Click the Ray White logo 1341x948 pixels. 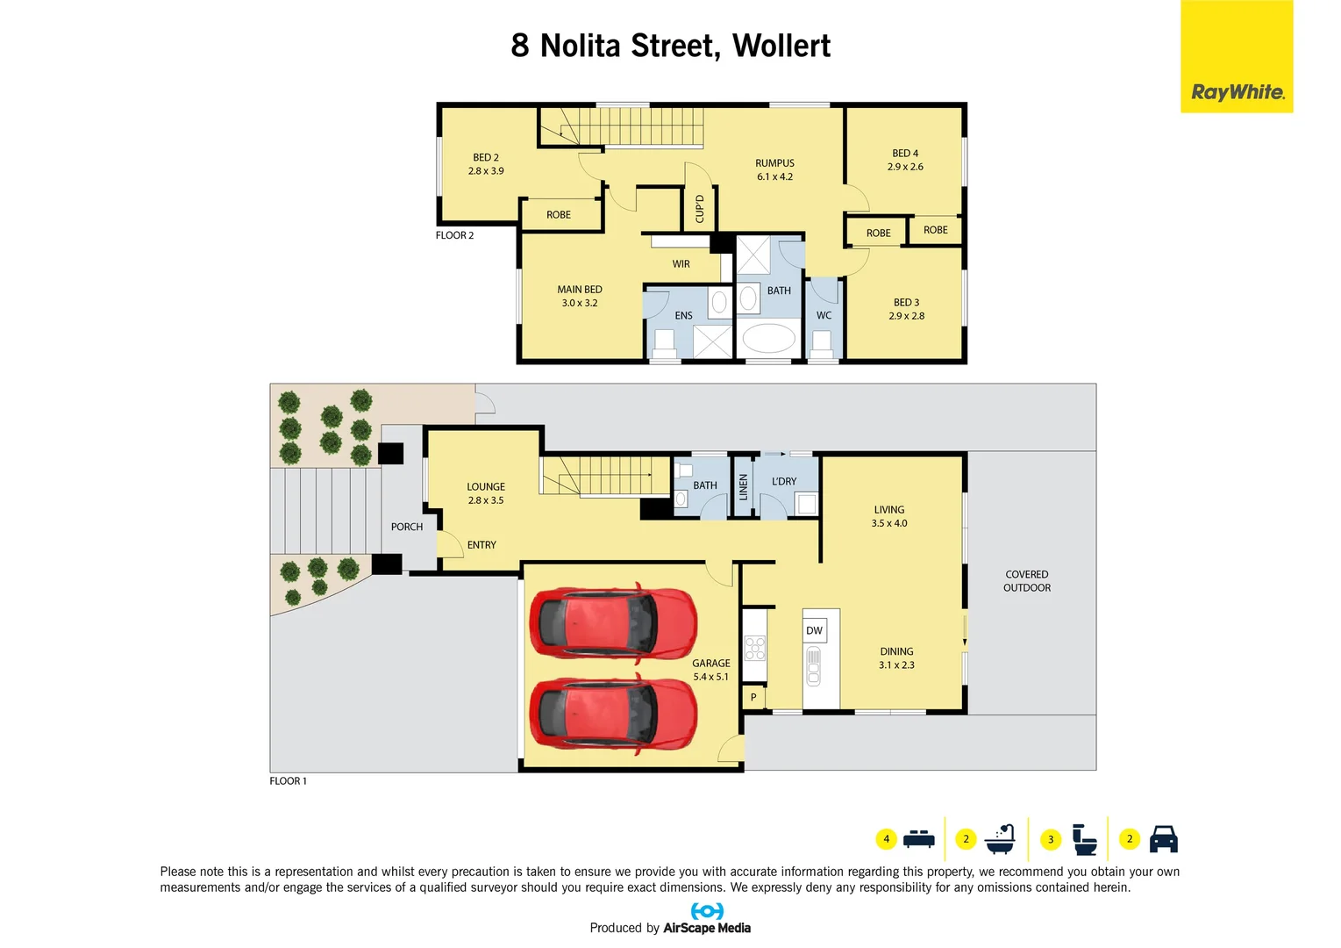click(x=1237, y=91)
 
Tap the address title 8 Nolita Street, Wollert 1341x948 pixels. click(x=670, y=46)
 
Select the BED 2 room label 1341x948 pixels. click(x=486, y=164)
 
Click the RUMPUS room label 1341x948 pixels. click(x=774, y=169)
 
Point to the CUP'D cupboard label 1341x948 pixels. click(x=700, y=209)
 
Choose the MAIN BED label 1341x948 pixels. click(x=580, y=296)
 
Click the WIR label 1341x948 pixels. click(x=681, y=264)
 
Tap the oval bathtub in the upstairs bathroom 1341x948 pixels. click(x=768, y=338)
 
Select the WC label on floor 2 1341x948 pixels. click(x=824, y=315)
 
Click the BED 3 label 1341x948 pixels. click(x=906, y=309)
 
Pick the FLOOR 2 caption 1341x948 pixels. click(x=454, y=235)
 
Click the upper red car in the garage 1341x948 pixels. click(x=613, y=621)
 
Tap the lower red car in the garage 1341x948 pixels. click(x=613, y=714)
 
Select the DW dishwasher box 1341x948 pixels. click(x=814, y=630)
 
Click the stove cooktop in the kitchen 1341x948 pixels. click(x=755, y=648)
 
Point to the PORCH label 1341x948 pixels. click(x=407, y=527)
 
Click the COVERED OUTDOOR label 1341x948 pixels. click(x=1027, y=581)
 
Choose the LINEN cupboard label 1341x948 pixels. click(x=744, y=486)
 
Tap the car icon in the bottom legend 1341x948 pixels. click(x=1163, y=839)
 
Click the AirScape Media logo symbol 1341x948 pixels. click(x=707, y=911)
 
